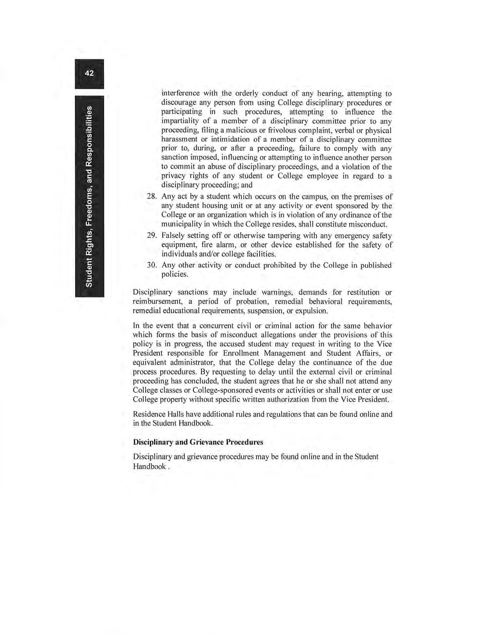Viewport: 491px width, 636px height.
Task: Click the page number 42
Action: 89,73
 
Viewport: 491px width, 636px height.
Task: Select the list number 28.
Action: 151,197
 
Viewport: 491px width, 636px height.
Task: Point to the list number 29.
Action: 151,236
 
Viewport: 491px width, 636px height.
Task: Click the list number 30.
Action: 151,266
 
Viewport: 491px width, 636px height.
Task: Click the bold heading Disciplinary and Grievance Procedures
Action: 198,442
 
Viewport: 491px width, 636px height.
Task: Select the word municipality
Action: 182,224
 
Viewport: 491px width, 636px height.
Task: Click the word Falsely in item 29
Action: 173,236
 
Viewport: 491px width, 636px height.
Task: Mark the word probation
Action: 239,301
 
